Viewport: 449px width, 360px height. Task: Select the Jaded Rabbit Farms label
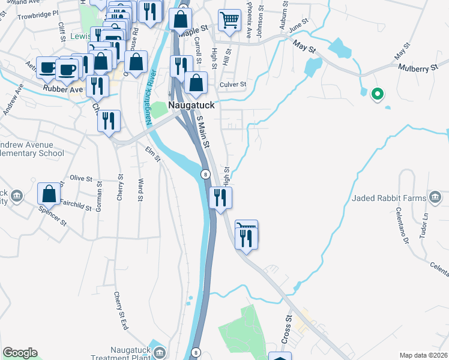pos(388,197)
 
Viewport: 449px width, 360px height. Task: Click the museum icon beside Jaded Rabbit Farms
pos(436,197)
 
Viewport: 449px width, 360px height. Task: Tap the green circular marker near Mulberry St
pos(378,94)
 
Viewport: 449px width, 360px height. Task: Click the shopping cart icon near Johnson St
pos(229,20)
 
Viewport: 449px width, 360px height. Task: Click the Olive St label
pos(80,178)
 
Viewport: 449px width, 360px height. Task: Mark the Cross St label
pos(288,326)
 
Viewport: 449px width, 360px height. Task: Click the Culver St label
pos(233,85)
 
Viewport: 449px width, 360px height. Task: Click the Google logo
pos(20,353)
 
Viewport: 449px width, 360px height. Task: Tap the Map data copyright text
pos(424,355)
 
